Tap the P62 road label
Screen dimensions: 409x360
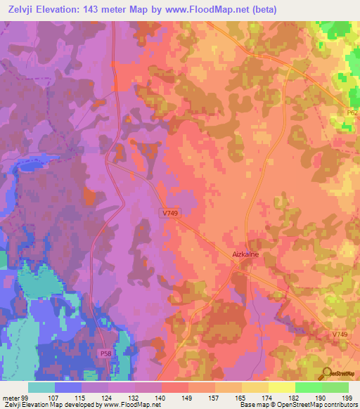click(x=352, y=112)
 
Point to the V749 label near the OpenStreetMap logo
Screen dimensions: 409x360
click(x=340, y=334)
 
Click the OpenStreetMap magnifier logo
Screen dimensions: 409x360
click(x=327, y=374)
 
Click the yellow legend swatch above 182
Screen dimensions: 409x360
click(x=281, y=387)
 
